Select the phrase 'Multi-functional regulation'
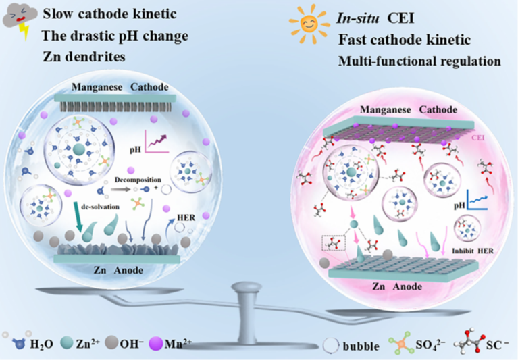click(419, 61)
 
